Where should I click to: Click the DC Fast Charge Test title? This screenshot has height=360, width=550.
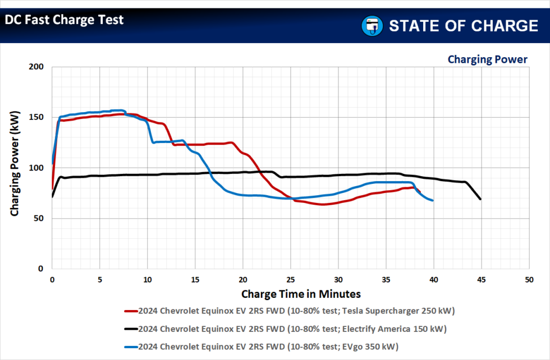point(64,20)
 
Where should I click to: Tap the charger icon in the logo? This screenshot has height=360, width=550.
point(371,26)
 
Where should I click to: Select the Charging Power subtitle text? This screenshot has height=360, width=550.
point(487,59)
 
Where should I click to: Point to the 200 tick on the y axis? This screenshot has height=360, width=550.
point(36,67)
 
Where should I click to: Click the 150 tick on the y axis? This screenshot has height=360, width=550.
point(36,117)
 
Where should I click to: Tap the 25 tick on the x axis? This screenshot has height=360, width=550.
point(290,279)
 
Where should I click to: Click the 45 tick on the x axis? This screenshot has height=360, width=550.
point(481,279)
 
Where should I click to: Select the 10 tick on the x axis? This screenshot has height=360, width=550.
point(147,279)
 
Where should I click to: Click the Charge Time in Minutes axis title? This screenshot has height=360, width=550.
point(301,294)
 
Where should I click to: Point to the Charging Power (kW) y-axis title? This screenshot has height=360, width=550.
point(15,163)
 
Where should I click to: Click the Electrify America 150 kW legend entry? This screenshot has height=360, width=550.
point(292,328)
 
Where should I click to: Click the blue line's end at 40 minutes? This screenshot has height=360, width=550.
point(433,200)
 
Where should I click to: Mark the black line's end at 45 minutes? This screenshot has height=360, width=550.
point(480,199)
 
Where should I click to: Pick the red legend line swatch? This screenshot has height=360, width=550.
point(130,310)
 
